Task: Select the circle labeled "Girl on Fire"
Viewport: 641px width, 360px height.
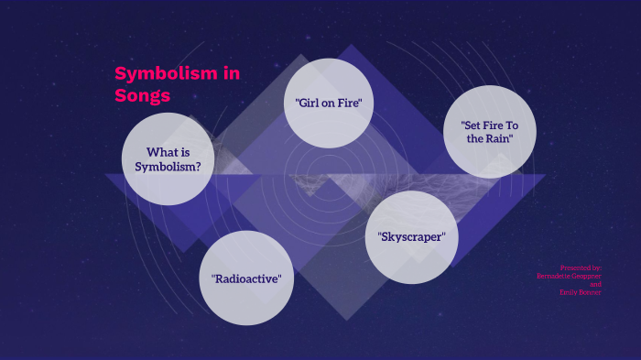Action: (x=329, y=103)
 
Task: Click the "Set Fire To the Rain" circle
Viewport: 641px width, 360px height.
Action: (x=489, y=131)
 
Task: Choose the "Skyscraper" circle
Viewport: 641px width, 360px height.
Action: (x=411, y=236)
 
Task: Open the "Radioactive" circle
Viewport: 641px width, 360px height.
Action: (x=246, y=278)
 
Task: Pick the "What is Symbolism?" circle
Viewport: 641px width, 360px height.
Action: (x=168, y=159)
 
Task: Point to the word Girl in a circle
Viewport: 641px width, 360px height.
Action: (x=308, y=103)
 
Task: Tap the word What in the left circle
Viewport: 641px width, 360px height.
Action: (x=161, y=152)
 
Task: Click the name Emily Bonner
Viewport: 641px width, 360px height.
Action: (x=581, y=292)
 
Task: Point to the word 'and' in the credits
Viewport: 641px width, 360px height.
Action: (x=595, y=284)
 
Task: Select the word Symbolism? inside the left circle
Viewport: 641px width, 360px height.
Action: (x=168, y=167)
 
